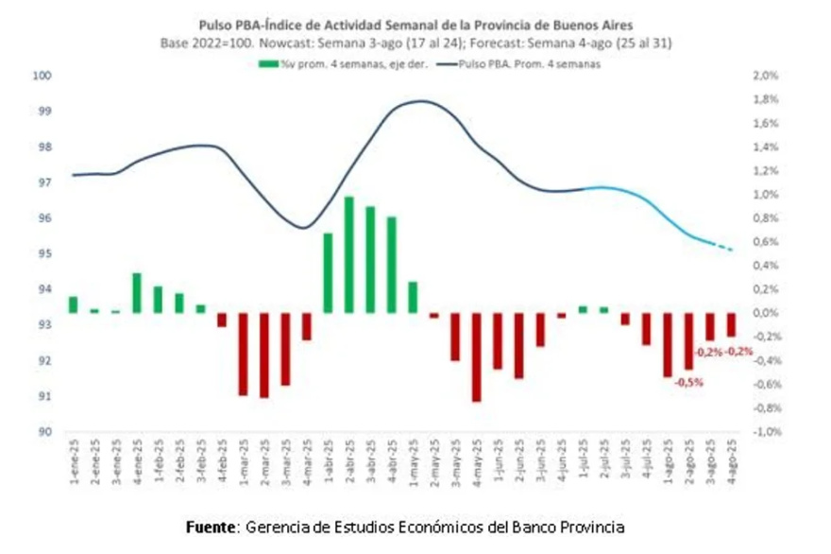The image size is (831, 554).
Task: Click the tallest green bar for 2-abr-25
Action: click(x=348, y=254)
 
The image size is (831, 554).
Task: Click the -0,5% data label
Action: click(x=687, y=383)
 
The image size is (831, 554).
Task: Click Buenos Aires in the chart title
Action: click(x=604, y=25)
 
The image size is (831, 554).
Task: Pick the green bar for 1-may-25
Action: click(x=413, y=297)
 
